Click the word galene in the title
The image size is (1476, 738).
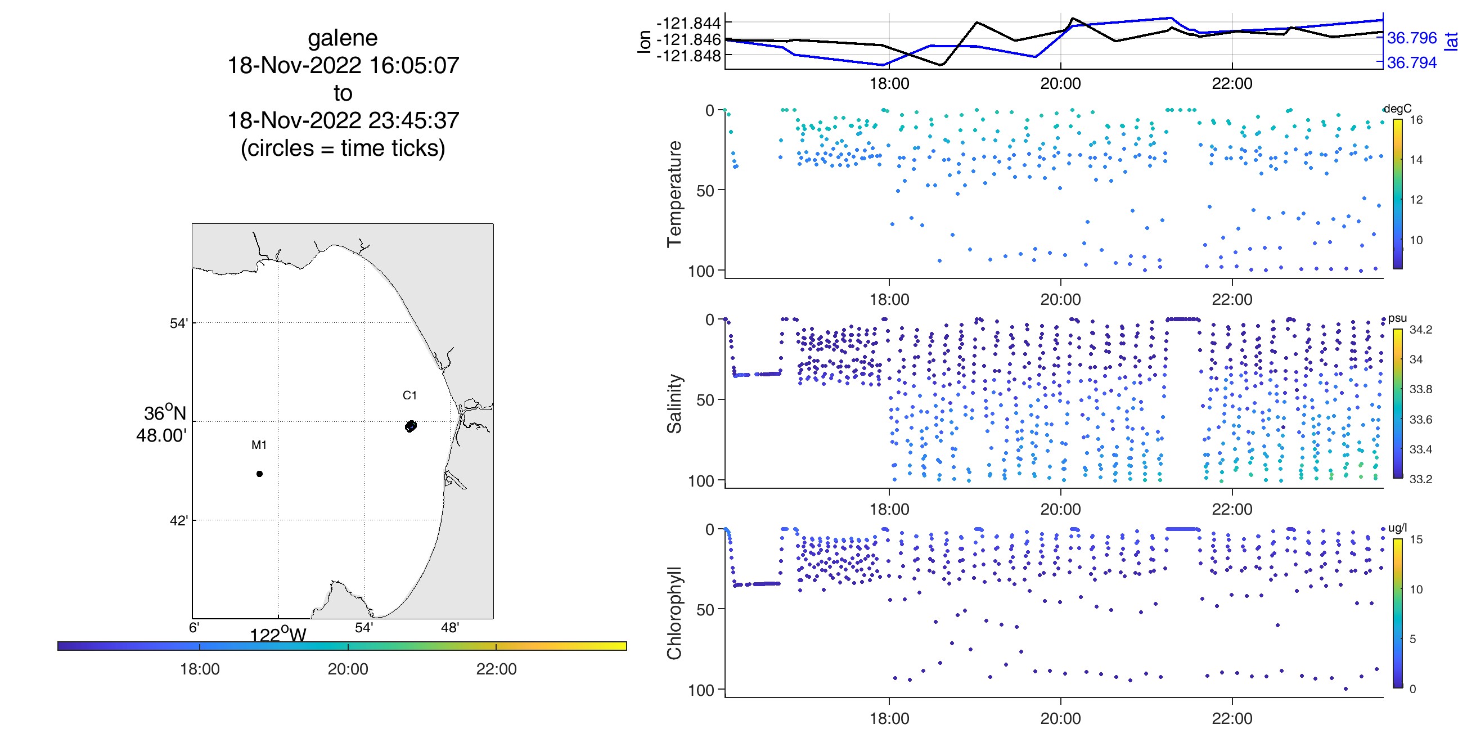pos(343,38)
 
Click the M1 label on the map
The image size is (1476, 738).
pos(259,444)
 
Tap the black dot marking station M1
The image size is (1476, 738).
pos(259,474)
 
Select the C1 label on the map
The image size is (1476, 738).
pos(409,395)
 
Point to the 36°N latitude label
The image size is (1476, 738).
pos(165,413)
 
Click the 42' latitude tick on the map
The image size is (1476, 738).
pos(179,521)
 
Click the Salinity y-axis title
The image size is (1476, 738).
pos(674,403)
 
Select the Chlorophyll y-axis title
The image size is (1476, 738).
pos(674,613)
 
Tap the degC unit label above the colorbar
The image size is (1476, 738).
pos(1397,109)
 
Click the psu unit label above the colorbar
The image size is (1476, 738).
pos(1397,318)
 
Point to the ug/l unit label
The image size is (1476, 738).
pos(1397,528)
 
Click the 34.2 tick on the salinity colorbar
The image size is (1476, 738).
pos(1420,330)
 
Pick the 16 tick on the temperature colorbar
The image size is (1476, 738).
pos(1416,120)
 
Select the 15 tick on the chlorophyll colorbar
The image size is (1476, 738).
pos(1416,539)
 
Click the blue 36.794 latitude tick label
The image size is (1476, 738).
pos(1412,62)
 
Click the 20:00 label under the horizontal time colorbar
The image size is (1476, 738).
pos(348,669)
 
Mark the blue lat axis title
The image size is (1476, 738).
pos(1451,41)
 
